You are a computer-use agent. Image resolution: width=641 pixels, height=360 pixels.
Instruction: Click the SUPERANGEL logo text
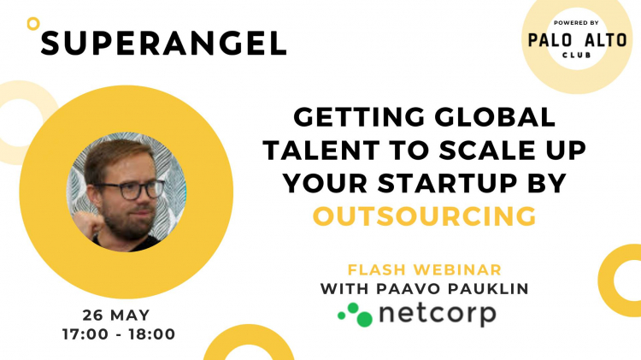[163, 44]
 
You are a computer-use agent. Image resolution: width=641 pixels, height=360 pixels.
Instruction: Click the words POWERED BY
[576, 23]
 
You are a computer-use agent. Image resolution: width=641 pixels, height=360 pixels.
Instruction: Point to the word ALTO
[605, 40]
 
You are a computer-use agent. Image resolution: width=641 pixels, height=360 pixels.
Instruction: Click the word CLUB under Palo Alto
[577, 55]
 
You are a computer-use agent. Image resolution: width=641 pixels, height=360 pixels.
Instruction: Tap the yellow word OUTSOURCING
[424, 216]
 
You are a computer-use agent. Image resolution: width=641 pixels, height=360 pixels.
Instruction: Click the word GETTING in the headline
[359, 117]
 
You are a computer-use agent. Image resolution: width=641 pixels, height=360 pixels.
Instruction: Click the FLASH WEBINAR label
[424, 270]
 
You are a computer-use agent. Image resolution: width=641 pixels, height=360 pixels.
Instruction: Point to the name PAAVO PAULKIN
[452, 289]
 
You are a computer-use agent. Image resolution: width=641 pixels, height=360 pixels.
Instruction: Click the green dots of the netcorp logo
[355, 314]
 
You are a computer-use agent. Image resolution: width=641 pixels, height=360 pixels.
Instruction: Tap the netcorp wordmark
[438, 315]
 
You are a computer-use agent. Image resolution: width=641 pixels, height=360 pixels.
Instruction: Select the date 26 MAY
[116, 316]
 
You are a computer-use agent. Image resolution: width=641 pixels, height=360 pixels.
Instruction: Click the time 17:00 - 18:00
[119, 334]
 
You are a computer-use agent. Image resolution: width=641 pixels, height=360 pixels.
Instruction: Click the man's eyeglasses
[130, 190]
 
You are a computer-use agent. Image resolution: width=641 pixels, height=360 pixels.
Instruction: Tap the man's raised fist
[88, 224]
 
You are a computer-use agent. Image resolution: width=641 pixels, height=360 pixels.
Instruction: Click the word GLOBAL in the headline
[495, 117]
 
